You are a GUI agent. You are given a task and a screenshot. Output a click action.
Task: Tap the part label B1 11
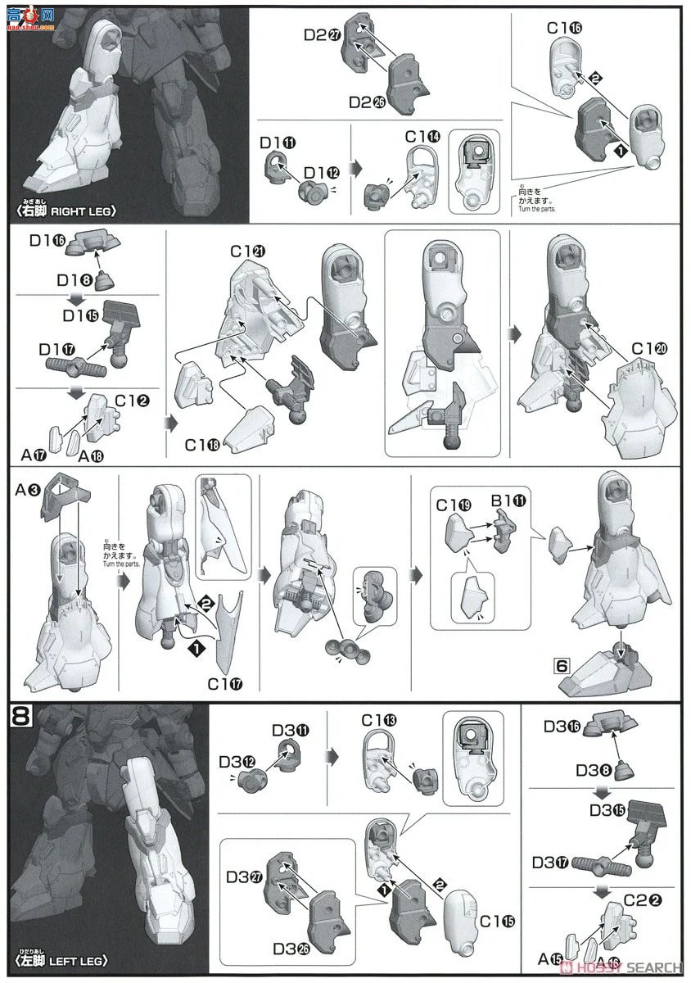[x=507, y=499]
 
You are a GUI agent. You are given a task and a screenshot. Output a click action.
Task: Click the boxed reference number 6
[x=561, y=665]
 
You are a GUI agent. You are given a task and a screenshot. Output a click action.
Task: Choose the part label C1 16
[x=565, y=29]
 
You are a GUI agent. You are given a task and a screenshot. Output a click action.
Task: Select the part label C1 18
[x=203, y=445]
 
